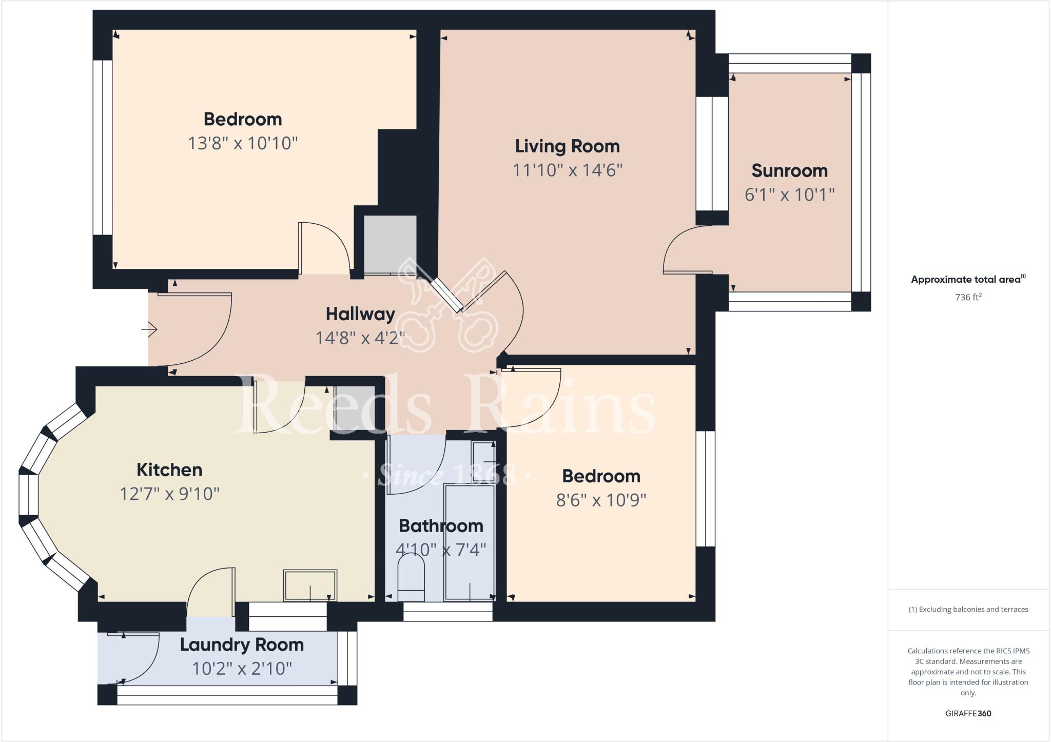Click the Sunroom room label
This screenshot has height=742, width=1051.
789,170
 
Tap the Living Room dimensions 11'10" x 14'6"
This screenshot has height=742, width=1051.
567,170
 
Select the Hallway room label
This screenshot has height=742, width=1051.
360,314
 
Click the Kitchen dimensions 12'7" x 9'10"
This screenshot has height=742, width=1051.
169,494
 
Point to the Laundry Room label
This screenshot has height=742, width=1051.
242,645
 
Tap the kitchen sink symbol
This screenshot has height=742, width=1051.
310,585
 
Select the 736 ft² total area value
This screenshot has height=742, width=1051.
968,297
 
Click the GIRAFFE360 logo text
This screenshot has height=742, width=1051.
968,713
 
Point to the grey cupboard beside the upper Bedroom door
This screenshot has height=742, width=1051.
390,244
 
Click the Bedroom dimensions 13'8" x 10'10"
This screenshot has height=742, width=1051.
243,143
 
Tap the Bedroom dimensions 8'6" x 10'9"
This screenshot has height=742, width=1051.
601,500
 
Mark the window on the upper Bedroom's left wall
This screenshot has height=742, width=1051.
103,148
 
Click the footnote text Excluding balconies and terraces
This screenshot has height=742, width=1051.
968,610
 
